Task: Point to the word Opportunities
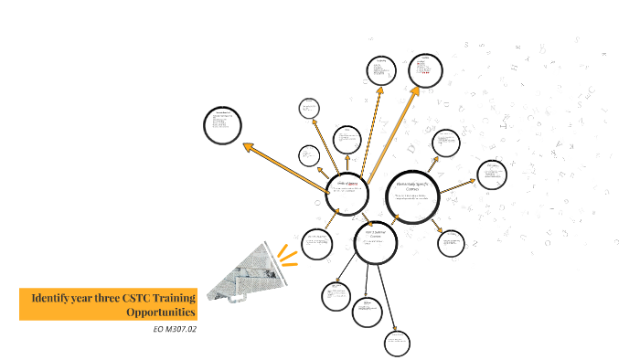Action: pos(161,312)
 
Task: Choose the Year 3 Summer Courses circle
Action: pos(375,242)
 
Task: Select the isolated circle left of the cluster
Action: pos(222,125)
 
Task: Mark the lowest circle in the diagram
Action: pos(397,344)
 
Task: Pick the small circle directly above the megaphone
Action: pos(315,241)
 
